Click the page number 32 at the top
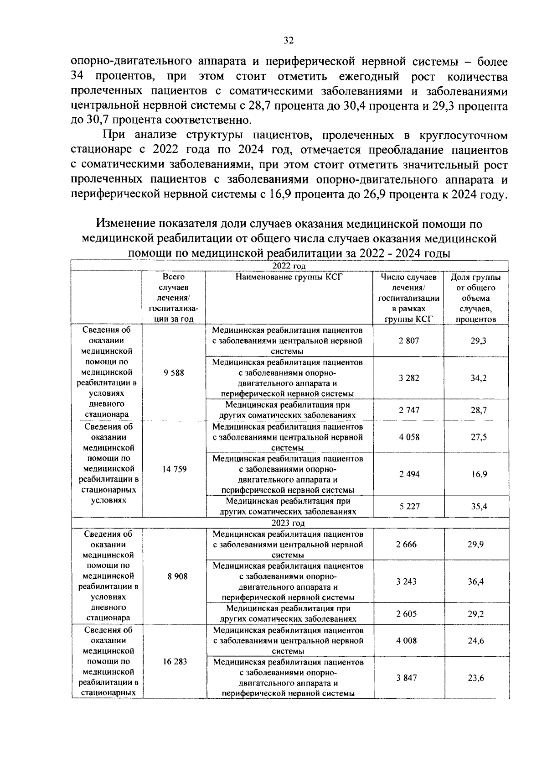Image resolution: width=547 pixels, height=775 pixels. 288,41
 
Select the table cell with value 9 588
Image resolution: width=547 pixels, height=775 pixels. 174,372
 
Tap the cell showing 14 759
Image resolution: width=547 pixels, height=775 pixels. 174,469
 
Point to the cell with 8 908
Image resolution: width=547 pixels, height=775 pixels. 177,576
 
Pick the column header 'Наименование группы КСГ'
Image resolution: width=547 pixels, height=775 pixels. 289,277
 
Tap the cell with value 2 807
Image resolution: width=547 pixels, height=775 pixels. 408,340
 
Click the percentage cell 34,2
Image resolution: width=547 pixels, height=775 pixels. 478,378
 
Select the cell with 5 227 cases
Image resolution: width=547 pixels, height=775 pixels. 409,506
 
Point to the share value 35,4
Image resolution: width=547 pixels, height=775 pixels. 479,506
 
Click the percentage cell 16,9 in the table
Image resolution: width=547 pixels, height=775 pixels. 479,474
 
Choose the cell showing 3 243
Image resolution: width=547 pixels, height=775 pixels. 406,581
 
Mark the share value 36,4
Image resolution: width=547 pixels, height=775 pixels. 475,581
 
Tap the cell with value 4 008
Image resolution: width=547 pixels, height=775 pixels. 406,640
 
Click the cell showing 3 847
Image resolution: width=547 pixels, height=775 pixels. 406,678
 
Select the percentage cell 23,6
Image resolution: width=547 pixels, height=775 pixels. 475,678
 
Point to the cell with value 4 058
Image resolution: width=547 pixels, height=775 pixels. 409,437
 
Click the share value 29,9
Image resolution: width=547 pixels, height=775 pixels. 475,544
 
